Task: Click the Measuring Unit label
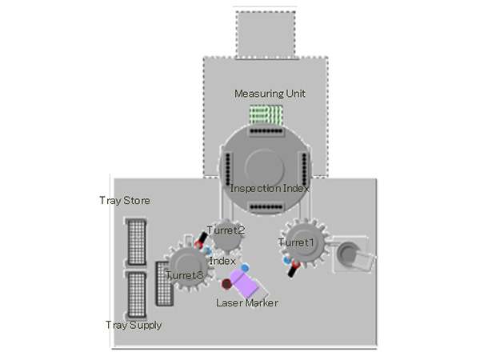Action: tap(270, 94)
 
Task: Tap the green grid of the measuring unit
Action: tap(266, 115)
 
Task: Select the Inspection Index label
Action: tap(270, 189)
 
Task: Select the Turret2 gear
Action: tap(226, 237)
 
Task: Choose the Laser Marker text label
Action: tap(247, 303)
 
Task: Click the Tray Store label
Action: tap(124, 200)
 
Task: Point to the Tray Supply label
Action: tap(134, 325)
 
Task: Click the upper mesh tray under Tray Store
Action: tap(137, 241)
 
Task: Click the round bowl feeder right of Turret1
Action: tap(349, 254)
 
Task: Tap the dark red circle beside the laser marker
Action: tap(226, 284)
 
